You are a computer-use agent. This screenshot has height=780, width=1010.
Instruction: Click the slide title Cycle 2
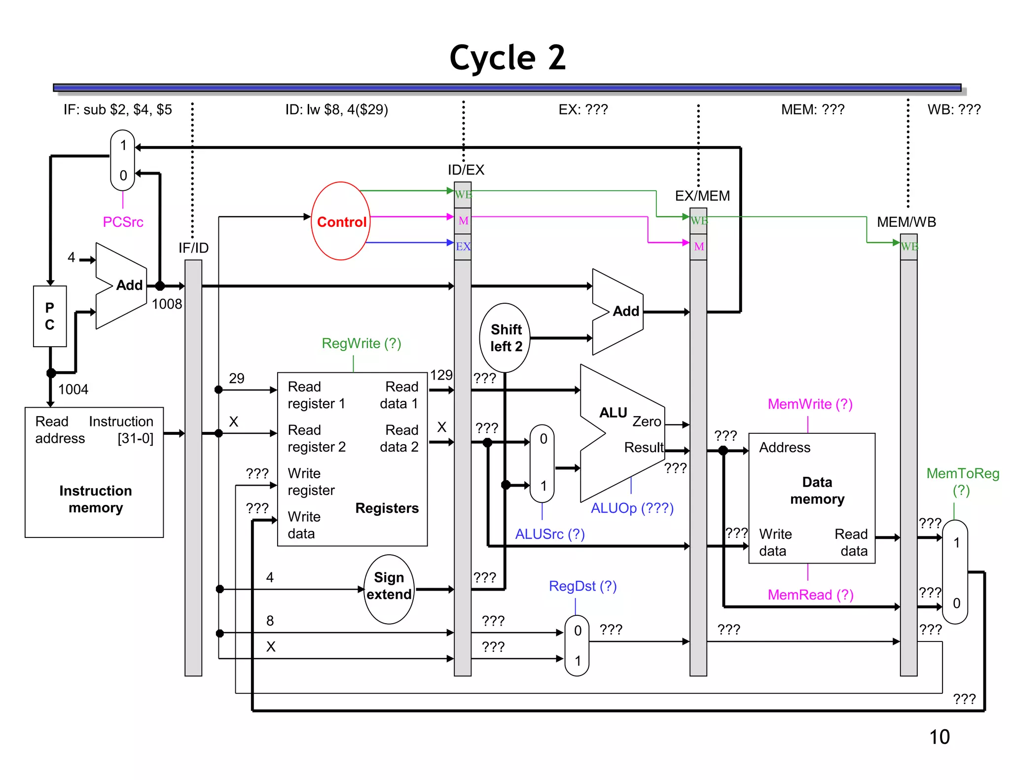[x=507, y=58]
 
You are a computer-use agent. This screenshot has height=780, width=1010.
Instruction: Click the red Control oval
[x=341, y=221]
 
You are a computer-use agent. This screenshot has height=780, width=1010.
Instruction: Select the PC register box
[x=50, y=316]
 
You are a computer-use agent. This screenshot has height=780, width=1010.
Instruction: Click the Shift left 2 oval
[x=505, y=338]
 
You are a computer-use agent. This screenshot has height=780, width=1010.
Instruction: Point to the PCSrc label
[x=123, y=222]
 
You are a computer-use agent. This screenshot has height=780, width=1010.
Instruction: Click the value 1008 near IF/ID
[x=167, y=304]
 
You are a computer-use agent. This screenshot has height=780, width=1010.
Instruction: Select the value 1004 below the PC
[x=73, y=390]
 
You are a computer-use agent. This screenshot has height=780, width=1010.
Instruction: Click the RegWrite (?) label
[x=361, y=343]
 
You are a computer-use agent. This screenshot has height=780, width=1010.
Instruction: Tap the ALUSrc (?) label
[x=550, y=534]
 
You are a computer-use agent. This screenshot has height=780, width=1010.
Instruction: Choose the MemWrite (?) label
[x=810, y=404]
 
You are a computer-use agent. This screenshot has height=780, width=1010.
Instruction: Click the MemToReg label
[x=962, y=474]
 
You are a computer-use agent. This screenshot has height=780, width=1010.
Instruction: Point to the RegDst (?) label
[x=582, y=586]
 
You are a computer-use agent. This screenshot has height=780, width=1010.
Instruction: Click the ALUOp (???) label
[x=632, y=508]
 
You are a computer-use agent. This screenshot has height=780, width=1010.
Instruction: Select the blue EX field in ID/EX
[x=463, y=247]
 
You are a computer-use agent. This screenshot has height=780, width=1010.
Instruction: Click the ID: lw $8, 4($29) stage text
[x=336, y=109]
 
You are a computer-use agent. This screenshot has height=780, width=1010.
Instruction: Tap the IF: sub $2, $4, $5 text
[x=117, y=109]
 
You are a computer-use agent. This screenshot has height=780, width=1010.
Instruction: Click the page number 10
[x=939, y=737]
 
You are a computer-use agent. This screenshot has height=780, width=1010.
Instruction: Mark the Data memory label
[x=817, y=491]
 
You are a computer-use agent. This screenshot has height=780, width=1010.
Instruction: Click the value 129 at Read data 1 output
[x=441, y=376]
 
